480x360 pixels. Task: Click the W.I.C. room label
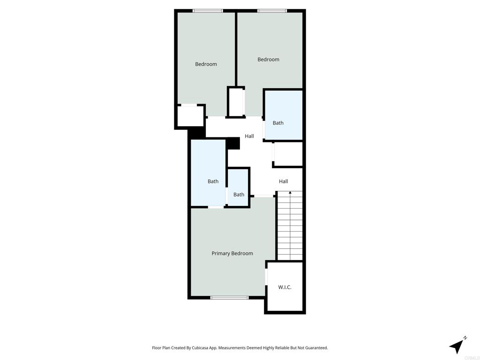[285, 287]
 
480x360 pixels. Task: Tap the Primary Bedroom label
[232, 254]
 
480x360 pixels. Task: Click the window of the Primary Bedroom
[230, 298]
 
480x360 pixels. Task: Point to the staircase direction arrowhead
[290, 193]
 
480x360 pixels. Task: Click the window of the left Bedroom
[208, 11]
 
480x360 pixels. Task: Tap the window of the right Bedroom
[272, 11]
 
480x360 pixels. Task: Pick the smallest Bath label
[239, 195]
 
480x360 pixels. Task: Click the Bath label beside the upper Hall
[278, 123]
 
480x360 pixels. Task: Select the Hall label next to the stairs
[284, 181]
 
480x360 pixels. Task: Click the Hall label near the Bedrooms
[249, 136]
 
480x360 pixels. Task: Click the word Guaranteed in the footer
[316, 348]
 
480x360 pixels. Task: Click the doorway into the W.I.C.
[266, 277]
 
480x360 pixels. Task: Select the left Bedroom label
[206, 64]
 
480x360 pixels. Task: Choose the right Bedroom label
[269, 60]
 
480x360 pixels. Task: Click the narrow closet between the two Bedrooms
[236, 102]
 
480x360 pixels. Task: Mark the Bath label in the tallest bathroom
[213, 181]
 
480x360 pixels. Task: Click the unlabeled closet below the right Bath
[288, 154]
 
